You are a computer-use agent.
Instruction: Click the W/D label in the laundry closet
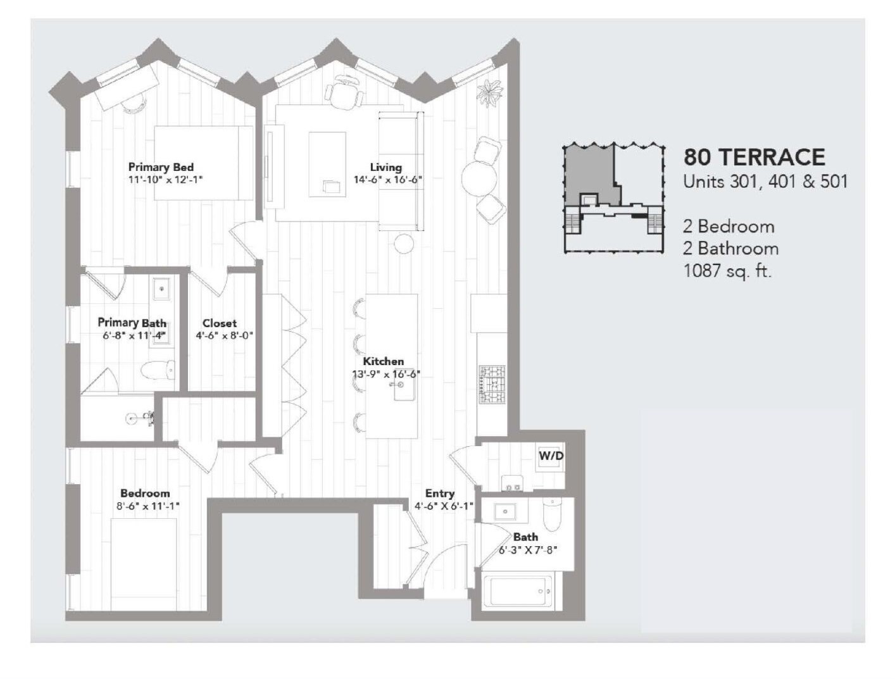(x=551, y=456)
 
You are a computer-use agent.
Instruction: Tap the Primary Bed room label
(x=161, y=167)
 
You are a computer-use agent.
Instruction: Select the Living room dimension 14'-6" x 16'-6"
(x=387, y=180)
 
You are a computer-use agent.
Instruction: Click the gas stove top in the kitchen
(x=492, y=384)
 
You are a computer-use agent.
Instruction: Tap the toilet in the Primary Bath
(x=157, y=370)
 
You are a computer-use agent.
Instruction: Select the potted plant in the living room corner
(x=491, y=92)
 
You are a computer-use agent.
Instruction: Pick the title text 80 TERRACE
(x=754, y=157)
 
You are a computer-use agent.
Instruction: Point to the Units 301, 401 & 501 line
(x=765, y=182)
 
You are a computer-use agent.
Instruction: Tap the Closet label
(x=220, y=323)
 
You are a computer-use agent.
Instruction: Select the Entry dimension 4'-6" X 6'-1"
(x=444, y=506)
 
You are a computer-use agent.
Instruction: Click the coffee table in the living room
(x=327, y=165)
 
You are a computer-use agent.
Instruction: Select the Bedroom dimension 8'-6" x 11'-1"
(x=148, y=506)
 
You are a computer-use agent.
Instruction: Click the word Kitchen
(x=383, y=361)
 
